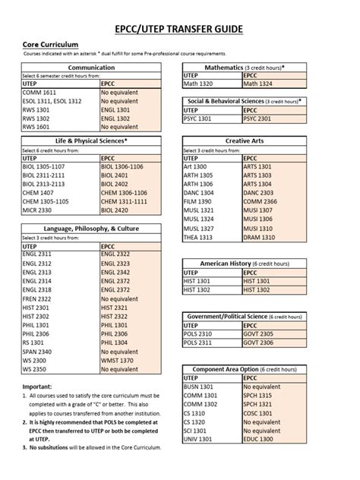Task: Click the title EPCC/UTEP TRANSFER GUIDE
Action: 179,29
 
